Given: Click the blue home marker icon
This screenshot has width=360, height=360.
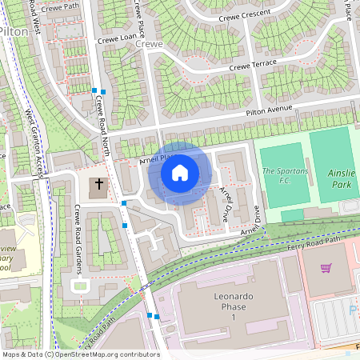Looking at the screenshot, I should pyautogui.click(x=180, y=173).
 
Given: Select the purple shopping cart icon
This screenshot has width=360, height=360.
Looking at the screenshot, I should pyautogui.click(x=326, y=268).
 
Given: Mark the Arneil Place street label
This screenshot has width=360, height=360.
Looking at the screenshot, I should pyautogui.click(x=155, y=159).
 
